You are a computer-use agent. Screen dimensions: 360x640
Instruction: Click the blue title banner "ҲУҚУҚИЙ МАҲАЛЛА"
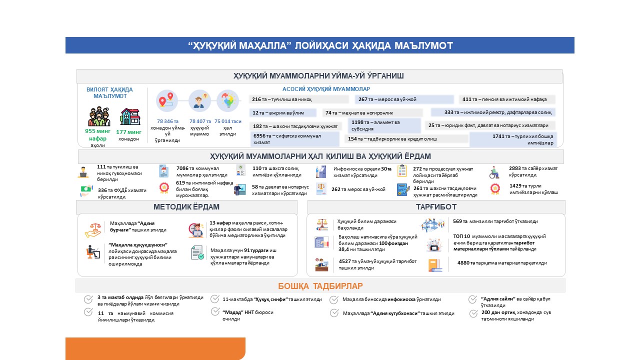(x=320, y=45)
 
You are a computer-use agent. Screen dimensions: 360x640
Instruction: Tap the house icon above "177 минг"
(x=130, y=117)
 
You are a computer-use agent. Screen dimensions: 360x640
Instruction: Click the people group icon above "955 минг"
(x=99, y=117)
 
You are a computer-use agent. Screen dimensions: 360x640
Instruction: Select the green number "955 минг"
(x=98, y=131)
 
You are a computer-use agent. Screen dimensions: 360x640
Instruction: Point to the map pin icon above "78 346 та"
(x=166, y=101)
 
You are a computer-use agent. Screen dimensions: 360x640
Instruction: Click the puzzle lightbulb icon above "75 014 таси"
(x=227, y=100)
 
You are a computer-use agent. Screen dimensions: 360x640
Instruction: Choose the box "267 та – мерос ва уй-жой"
(x=404, y=99)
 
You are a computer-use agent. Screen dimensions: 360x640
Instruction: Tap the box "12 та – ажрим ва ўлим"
(x=283, y=113)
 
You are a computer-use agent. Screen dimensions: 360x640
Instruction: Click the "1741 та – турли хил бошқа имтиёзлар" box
(x=513, y=139)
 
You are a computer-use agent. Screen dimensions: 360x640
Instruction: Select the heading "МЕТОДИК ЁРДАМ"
(x=186, y=207)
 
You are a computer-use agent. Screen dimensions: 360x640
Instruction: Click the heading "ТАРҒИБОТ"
(x=436, y=207)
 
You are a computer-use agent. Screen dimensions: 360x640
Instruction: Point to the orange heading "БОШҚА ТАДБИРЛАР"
(x=320, y=286)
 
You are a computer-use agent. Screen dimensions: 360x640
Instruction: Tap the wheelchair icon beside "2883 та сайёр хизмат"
(x=494, y=172)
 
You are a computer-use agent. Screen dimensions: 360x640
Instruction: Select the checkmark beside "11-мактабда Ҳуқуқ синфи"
(x=214, y=299)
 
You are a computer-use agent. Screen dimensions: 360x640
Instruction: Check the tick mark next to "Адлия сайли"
(x=472, y=299)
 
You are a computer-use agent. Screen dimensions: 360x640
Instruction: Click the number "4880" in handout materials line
(x=465, y=262)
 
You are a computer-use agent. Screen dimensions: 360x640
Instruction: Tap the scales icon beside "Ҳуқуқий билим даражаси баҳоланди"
(x=321, y=224)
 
